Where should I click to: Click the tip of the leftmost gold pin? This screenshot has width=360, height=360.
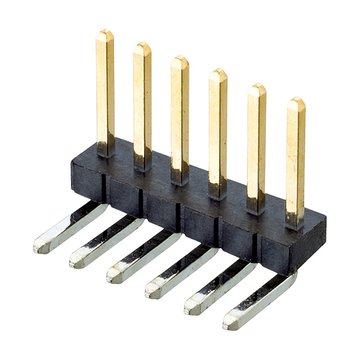105,35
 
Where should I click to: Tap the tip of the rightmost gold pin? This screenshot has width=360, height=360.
296,102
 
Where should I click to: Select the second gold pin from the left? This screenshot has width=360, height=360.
142,101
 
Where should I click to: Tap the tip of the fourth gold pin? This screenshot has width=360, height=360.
218,74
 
